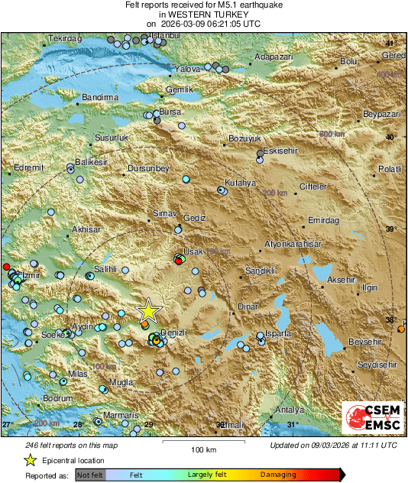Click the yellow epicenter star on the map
[148, 311]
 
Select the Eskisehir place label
[280, 151]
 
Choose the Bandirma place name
[100, 98]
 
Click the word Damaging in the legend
[277, 475]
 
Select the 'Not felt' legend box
[89, 475]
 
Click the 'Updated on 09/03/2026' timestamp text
[333, 445]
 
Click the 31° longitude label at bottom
[291, 424]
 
